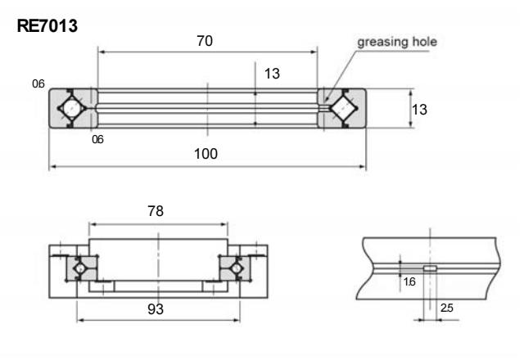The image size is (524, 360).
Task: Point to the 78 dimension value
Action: coord(154,211)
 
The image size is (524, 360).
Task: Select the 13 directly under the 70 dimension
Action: coord(272,74)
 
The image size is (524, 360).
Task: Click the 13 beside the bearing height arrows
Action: coord(419,108)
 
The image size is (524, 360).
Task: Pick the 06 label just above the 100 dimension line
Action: coord(97,139)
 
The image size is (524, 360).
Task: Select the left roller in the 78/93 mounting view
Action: coord(82,266)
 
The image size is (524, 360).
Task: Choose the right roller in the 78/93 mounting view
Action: coord(235,266)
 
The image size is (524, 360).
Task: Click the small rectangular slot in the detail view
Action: coord(430,268)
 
